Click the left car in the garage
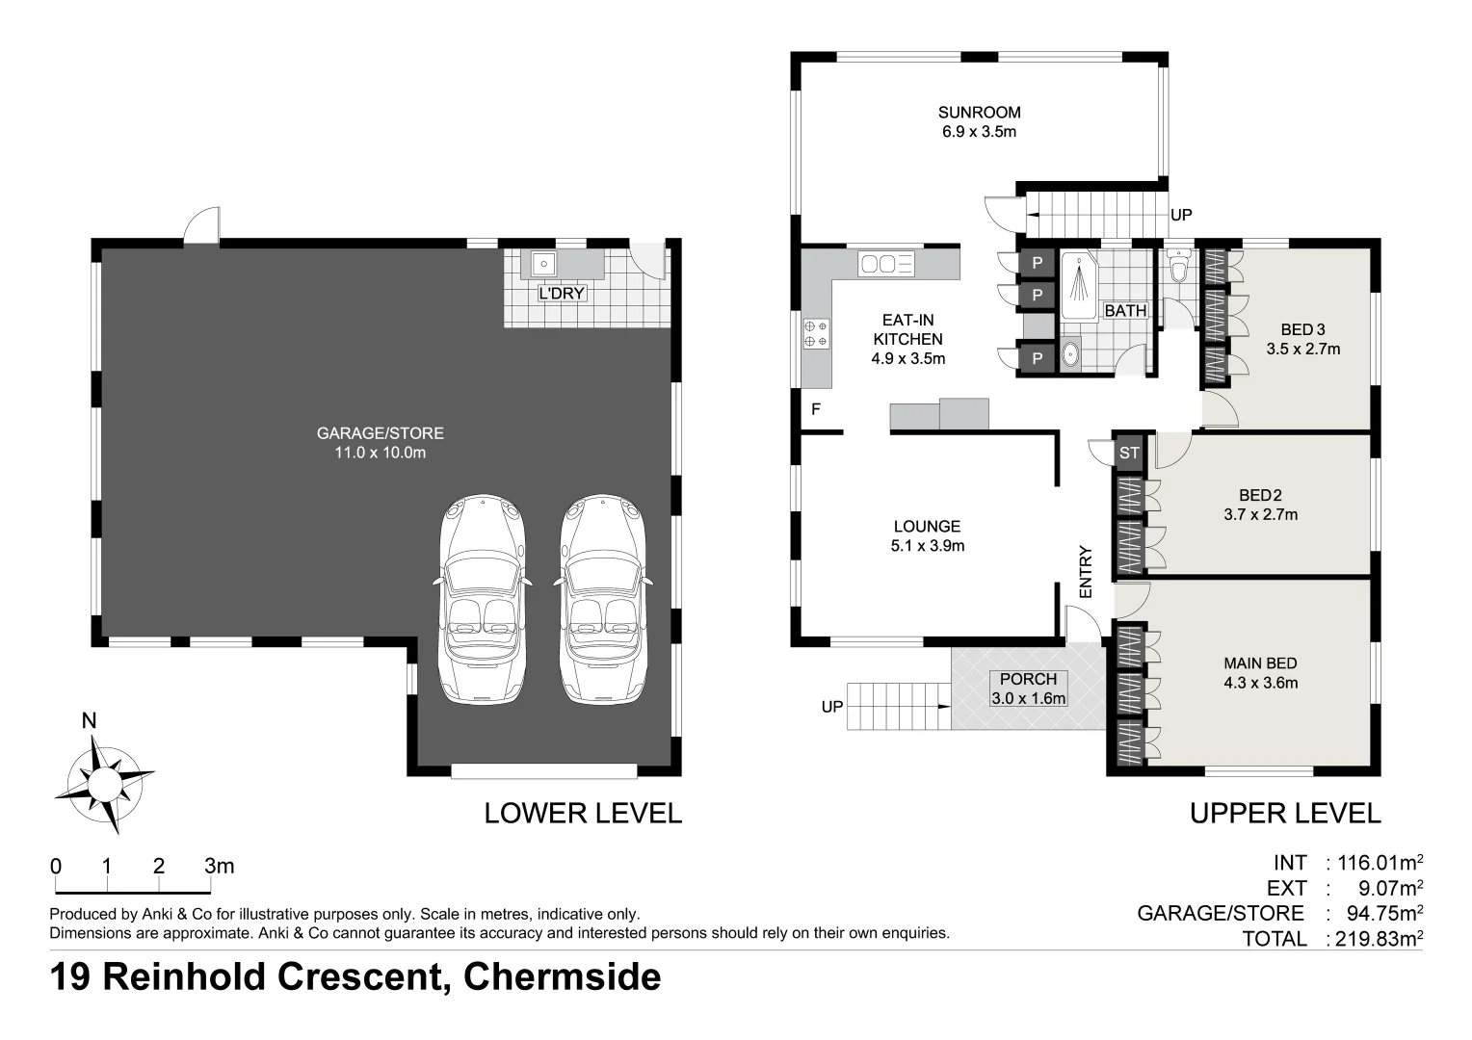click(484, 599)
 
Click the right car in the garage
click(603, 599)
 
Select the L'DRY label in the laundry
click(562, 293)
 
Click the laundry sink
click(542, 263)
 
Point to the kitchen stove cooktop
click(816, 333)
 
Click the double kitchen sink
click(887, 264)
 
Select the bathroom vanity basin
click(1070, 355)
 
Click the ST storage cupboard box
click(1129, 453)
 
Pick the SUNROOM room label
click(979, 112)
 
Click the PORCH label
click(1028, 679)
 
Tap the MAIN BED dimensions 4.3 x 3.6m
click(1260, 684)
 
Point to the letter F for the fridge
click(815, 409)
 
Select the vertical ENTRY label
click(1086, 572)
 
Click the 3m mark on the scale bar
click(219, 866)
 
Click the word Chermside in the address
click(562, 976)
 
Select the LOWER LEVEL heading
click(582, 813)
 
